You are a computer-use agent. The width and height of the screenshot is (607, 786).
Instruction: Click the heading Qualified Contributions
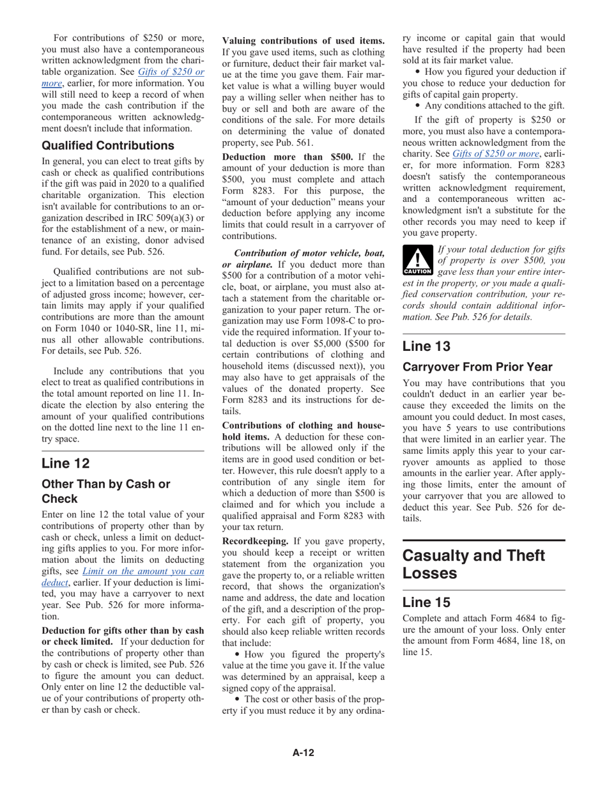pyautogui.click(x=107, y=146)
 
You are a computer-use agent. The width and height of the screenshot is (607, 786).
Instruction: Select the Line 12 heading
pyautogui.click(x=66, y=463)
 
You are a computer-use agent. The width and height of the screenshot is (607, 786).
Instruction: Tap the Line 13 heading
pyautogui.click(x=426, y=346)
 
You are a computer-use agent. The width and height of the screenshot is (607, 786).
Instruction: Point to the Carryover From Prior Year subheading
pyautogui.click(x=477, y=367)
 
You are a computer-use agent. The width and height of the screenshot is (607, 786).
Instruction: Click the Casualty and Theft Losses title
pyautogui.click(x=473, y=564)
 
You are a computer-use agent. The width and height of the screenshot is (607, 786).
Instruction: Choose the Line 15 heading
pyautogui.click(x=426, y=602)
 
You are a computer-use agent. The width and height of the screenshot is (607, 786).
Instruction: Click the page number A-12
pyautogui.click(x=303, y=753)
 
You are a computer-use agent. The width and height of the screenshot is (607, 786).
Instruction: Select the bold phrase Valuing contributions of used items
pyautogui.click(x=303, y=41)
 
